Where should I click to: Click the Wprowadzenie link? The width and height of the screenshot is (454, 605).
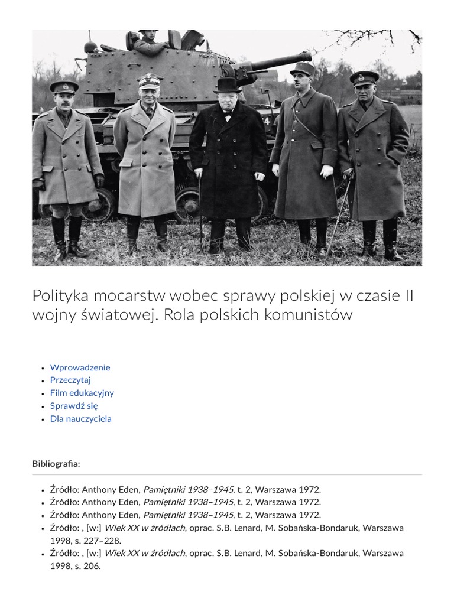80,367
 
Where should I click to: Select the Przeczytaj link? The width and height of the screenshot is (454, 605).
70,380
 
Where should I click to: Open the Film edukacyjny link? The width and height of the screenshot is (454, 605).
82,393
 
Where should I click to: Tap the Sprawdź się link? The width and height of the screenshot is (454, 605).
74,406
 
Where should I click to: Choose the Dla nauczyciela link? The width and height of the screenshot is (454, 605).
80,419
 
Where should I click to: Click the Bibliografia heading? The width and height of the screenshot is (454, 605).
56,464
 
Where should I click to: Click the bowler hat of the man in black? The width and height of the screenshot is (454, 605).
227,84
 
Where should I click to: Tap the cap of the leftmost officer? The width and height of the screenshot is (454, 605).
64,86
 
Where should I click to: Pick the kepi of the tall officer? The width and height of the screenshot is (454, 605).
302,69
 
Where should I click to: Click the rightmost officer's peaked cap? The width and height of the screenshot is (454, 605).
364,77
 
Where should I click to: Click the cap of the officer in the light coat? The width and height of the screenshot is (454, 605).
150,80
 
